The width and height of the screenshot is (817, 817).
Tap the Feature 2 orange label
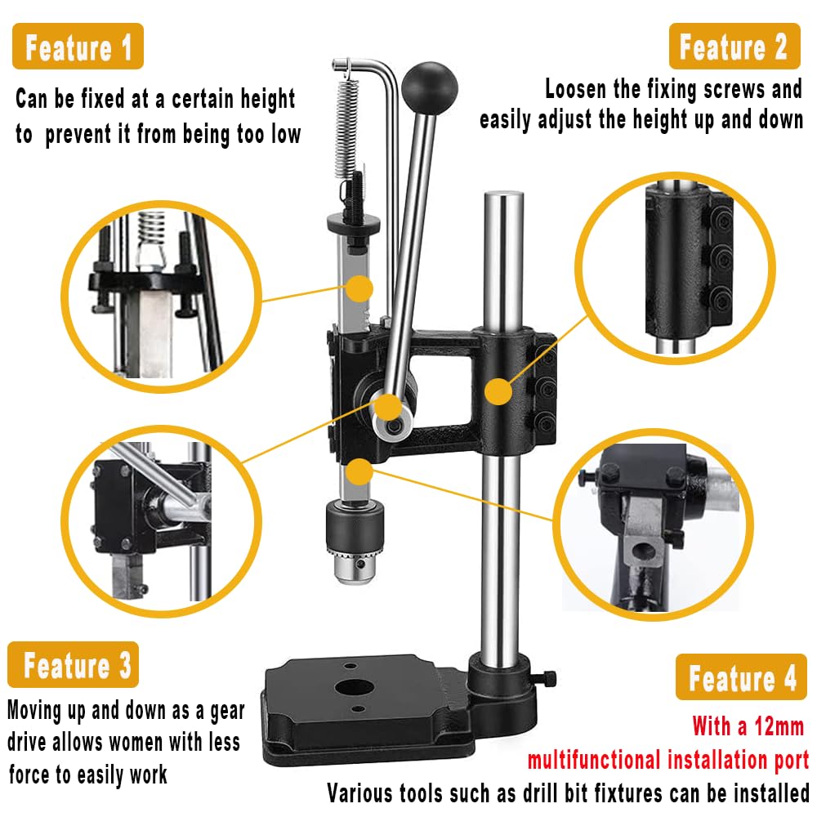(733, 47)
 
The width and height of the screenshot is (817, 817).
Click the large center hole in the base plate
(354, 687)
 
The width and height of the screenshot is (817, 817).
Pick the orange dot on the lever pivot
(387, 406)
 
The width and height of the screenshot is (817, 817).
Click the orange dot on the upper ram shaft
(359, 288)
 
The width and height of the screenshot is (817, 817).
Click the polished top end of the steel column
(502, 199)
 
